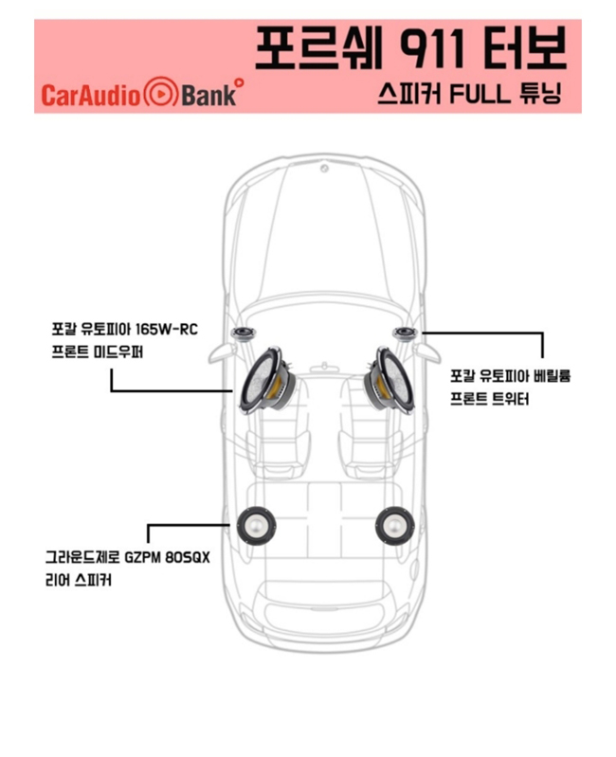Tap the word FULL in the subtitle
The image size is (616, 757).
480,94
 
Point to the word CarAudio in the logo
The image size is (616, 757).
91,95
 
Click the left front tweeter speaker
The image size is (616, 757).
245,333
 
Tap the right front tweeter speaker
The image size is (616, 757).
405,333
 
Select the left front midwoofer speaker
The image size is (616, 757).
266,380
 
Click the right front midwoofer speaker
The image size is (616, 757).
389,380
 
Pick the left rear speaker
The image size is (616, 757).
256,526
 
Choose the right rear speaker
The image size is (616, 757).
395,526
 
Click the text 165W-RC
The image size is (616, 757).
167,330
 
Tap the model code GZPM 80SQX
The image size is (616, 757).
167,558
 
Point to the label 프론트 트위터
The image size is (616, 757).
490,399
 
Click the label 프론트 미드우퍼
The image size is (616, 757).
97,351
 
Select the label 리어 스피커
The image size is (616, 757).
79,580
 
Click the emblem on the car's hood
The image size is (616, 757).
324,168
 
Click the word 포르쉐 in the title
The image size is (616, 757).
318,47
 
